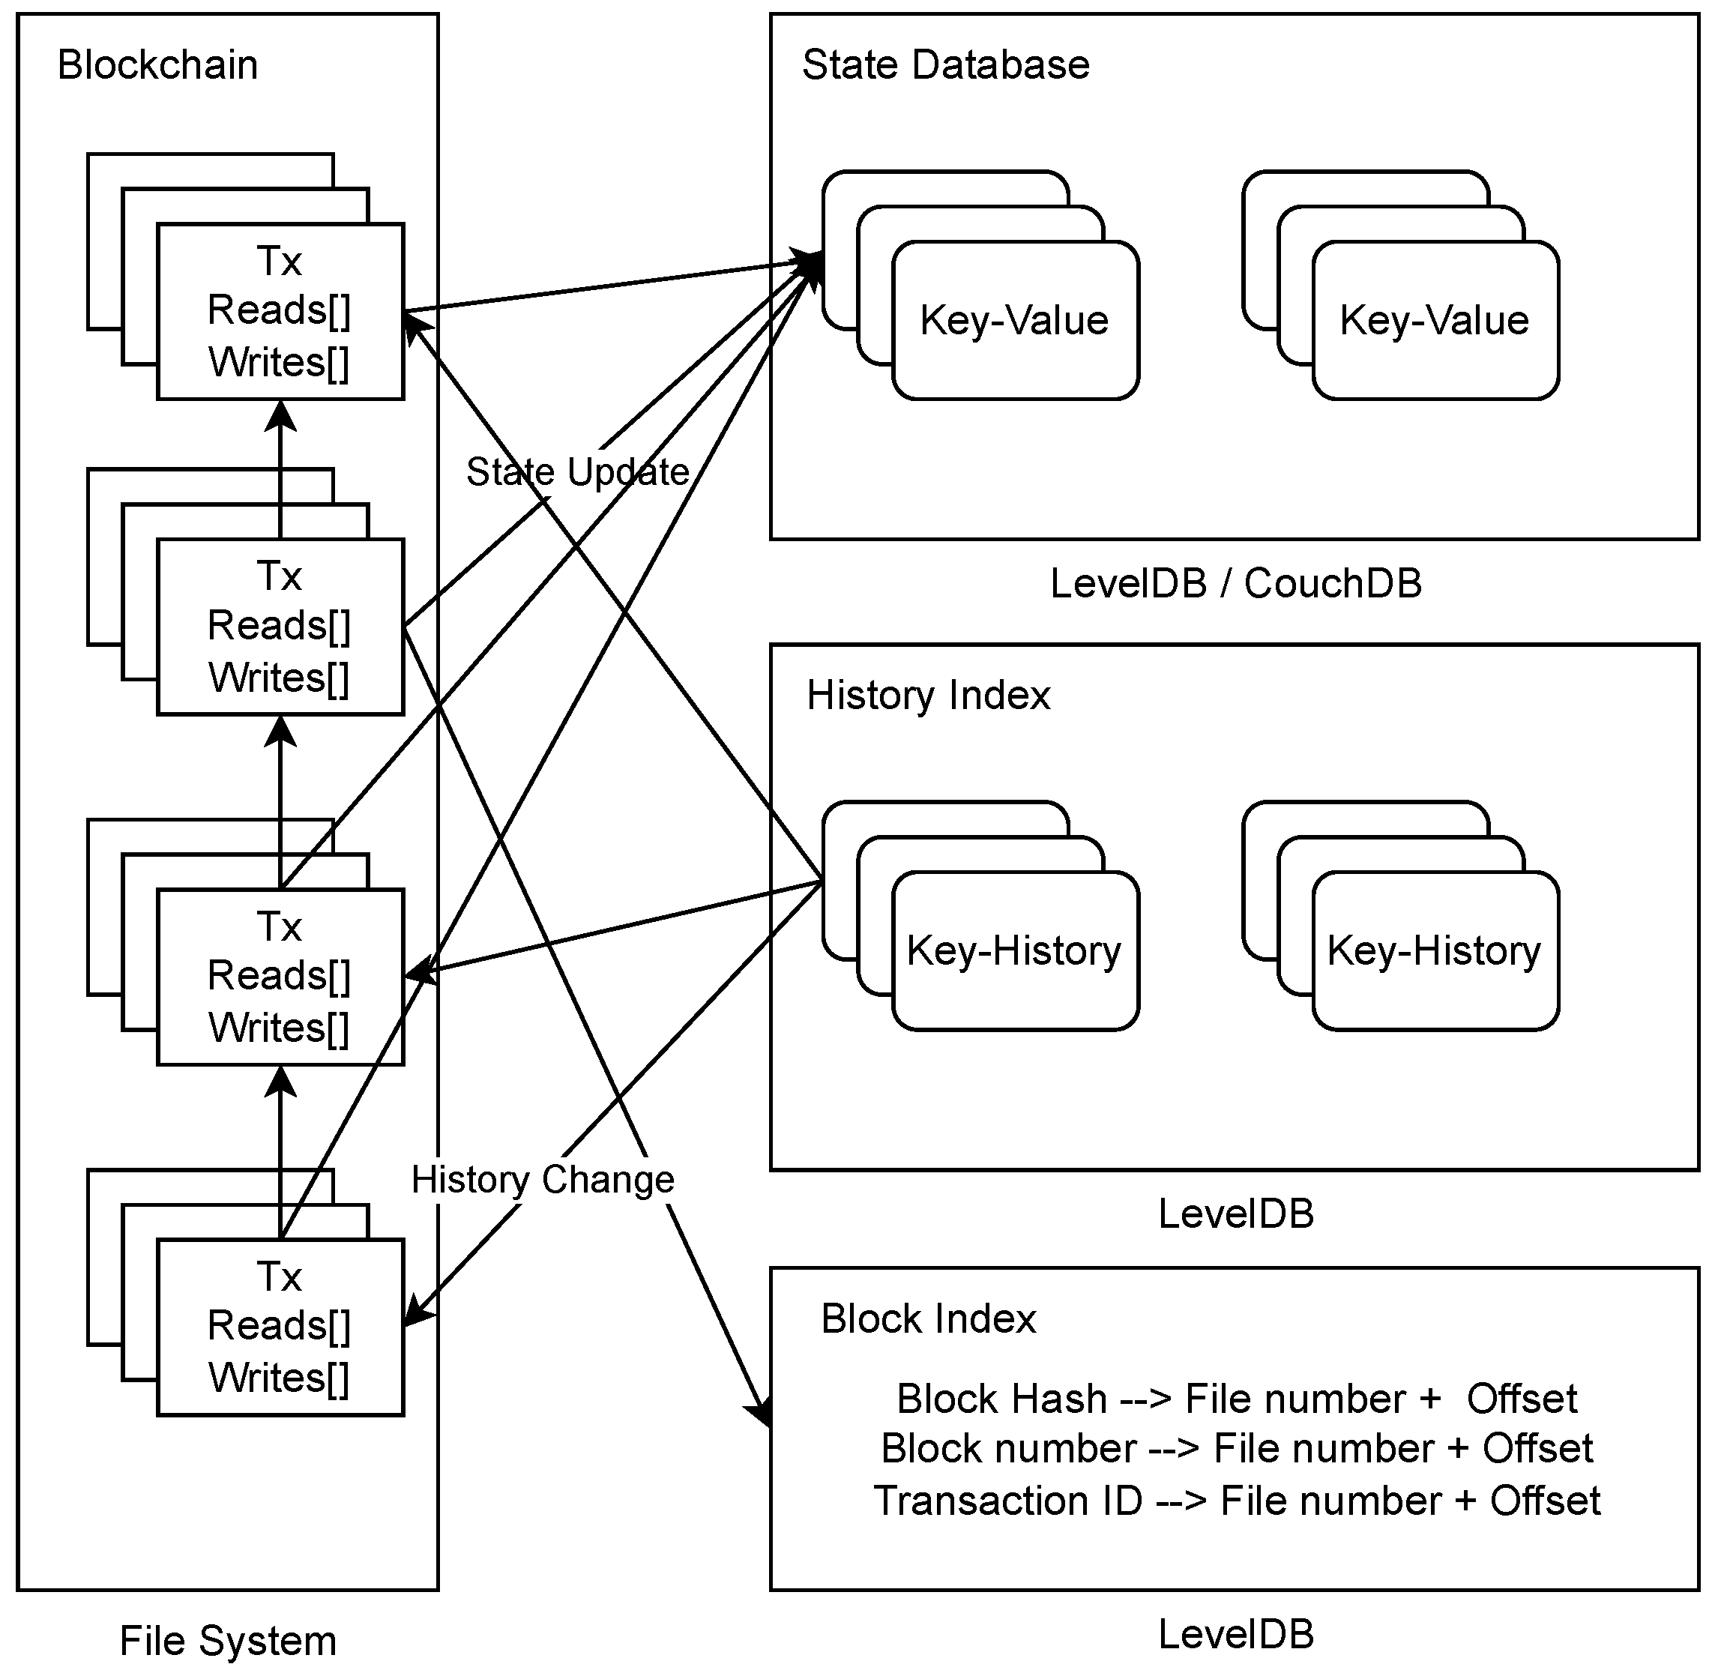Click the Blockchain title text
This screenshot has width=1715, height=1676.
pyautogui.click(x=157, y=65)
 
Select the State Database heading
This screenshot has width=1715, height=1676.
pyautogui.click(x=945, y=65)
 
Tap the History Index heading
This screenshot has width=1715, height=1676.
pyautogui.click(x=928, y=696)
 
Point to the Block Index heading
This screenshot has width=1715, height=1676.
pyautogui.click(x=928, y=1318)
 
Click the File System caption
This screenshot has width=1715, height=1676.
pyautogui.click(x=228, y=1641)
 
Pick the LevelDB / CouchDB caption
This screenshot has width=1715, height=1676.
pyautogui.click(x=1235, y=584)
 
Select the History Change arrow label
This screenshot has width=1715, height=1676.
pyautogui.click(x=543, y=1180)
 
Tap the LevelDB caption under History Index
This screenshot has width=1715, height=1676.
pyautogui.click(x=1235, y=1214)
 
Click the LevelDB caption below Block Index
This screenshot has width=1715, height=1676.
pyautogui.click(x=1235, y=1635)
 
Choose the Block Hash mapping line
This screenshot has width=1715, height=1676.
pyautogui.click(x=1236, y=1399)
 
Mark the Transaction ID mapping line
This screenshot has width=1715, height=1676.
pyautogui.click(x=1236, y=1501)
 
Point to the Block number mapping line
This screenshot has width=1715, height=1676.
pyautogui.click(x=1236, y=1449)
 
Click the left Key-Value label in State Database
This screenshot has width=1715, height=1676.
pyautogui.click(x=1014, y=320)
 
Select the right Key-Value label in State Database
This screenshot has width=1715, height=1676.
pyautogui.click(x=1434, y=320)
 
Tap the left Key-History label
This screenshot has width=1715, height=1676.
pyautogui.click(x=1014, y=950)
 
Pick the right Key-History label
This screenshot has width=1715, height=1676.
pyautogui.click(x=1434, y=950)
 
